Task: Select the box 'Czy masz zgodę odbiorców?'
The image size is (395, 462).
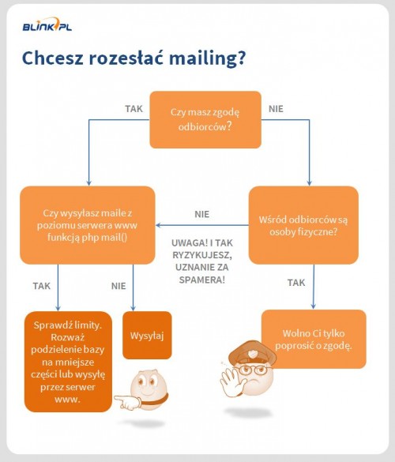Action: coord(205,119)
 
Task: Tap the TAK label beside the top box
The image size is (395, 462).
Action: coord(134,109)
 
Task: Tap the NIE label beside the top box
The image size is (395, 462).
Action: coord(276,109)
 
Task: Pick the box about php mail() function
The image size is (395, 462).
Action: coord(87,225)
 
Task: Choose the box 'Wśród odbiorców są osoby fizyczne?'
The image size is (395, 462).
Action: coord(303,225)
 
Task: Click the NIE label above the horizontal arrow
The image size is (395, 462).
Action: coord(202,214)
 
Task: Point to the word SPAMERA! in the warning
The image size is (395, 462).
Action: coord(202,280)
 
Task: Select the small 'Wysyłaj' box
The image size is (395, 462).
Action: coord(147,336)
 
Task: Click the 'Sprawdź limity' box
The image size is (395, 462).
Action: coord(68,362)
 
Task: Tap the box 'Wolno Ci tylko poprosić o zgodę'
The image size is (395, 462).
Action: coord(314,339)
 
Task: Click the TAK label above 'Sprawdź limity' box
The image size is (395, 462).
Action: coord(42,286)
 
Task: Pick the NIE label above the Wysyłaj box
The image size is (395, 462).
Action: coord(118,286)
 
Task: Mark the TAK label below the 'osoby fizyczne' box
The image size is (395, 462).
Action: coord(296,283)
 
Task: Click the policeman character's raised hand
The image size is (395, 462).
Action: coord(232,380)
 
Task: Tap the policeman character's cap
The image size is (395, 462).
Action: coord(252,353)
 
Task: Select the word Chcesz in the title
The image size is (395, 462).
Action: coord(53,58)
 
